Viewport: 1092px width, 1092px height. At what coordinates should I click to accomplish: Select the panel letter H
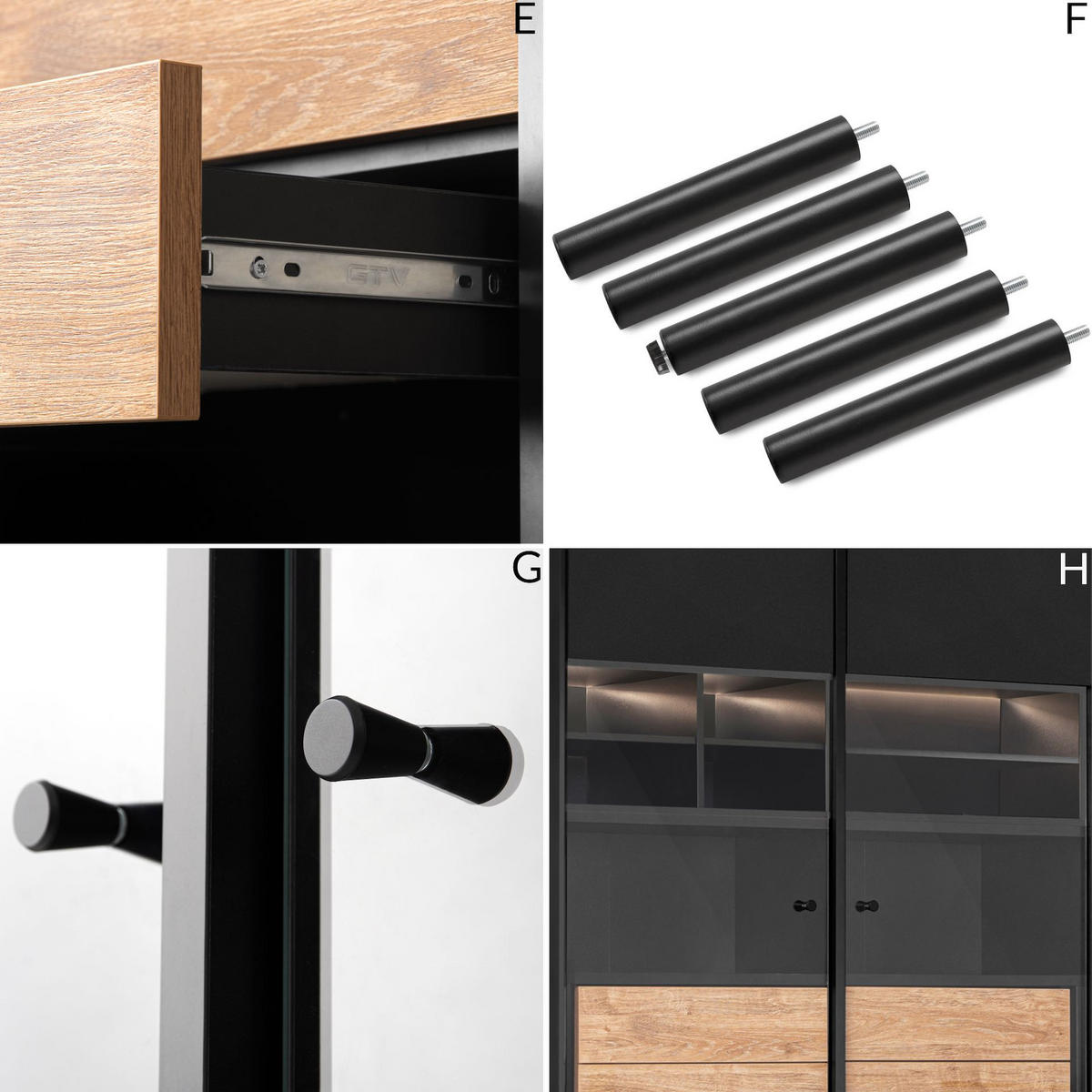1073,569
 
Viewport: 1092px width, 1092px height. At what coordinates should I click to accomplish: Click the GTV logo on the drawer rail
378,276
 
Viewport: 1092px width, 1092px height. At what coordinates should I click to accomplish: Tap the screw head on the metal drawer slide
260,268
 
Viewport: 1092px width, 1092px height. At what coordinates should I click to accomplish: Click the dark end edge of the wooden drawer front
180,241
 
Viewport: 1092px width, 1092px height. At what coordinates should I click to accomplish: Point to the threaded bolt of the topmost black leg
868,131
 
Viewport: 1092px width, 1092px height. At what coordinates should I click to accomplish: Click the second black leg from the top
755,247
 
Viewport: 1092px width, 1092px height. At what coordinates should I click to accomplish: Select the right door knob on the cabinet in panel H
866,905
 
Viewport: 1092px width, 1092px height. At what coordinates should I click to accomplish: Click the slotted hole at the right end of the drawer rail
493,283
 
